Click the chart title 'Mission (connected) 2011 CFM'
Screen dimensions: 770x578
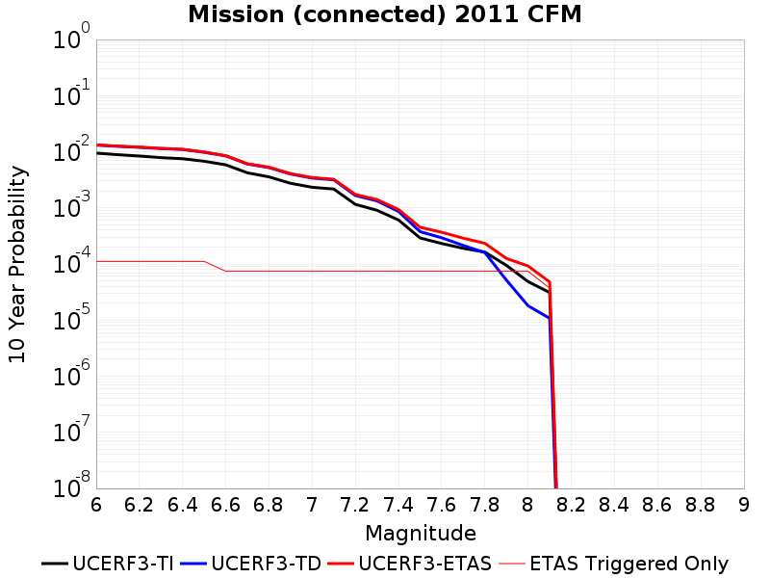pos(384,14)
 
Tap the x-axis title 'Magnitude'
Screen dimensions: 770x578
pos(421,534)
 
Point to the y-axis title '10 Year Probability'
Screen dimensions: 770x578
pos(17,264)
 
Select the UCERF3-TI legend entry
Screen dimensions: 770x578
pos(108,564)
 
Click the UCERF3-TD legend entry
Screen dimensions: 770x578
pos(250,564)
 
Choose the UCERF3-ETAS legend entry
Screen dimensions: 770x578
pos(410,564)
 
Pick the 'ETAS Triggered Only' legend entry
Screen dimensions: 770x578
pos(613,564)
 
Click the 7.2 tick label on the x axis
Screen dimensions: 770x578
pos(355,505)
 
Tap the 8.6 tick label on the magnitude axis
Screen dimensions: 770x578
pos(657,505)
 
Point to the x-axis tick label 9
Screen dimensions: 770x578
pos(744,505)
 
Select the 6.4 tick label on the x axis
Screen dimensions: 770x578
pos(182,505)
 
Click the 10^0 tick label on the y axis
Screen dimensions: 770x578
pos(72,37)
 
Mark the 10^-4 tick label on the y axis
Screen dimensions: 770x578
pos(72,261)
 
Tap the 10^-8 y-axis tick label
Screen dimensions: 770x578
pos(72,486)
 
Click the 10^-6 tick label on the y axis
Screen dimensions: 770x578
pos(72,374)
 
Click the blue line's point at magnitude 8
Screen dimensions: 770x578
pos(527,305)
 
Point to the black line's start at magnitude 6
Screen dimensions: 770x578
pos(97,153)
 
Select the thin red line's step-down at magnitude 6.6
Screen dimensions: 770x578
pos(226,271)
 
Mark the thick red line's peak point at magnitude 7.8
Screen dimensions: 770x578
pos(485,244)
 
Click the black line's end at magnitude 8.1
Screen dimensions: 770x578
pos(549,293)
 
